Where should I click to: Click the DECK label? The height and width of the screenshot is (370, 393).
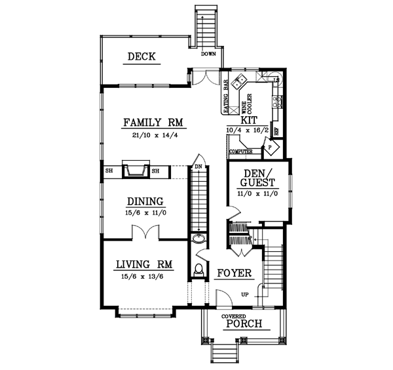[141, 57]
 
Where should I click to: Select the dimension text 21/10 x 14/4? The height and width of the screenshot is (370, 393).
[155, 135]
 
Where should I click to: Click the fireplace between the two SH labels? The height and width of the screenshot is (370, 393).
[136, 171]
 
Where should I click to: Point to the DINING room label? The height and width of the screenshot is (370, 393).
[145, 201]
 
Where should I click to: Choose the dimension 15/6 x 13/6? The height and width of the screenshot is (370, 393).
[143, 276]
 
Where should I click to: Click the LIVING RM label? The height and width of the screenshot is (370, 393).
[144, 264]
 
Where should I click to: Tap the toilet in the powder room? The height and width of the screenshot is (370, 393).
[200, 268]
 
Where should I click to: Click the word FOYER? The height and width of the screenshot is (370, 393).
[231, 272]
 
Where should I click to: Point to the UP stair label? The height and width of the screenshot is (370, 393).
[246, 294]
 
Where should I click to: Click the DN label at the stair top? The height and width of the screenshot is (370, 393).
[197, 167]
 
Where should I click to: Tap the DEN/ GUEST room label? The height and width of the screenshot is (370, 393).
[257, 178]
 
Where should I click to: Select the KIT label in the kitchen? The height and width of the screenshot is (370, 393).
[249, 121]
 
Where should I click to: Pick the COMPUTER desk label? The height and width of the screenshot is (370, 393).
[240, 152]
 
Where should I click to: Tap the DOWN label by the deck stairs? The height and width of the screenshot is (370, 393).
[209, 54]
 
